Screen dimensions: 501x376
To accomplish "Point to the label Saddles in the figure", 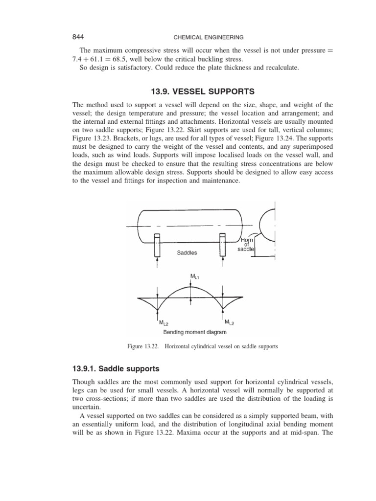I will (187, 253).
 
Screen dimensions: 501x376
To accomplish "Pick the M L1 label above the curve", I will (194, 277).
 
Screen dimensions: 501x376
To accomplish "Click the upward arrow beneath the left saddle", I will (157, 264).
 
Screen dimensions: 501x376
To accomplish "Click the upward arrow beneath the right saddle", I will (223, 264).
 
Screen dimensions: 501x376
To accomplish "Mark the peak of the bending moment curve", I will (190, 287).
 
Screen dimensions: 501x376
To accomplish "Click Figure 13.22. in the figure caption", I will (143, 346).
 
